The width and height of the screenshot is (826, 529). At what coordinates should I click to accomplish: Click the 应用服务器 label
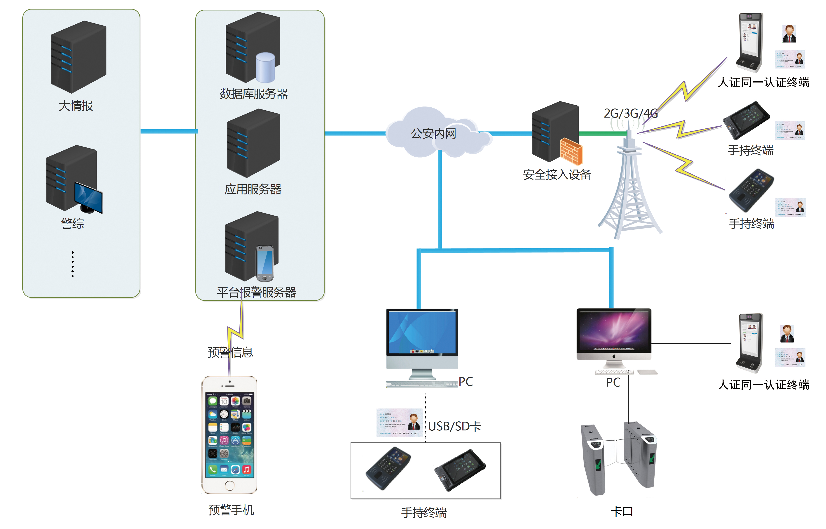[253, 189]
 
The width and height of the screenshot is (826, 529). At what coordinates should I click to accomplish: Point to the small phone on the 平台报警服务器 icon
[264, 263]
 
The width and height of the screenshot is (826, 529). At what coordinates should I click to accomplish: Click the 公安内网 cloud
[433, 134]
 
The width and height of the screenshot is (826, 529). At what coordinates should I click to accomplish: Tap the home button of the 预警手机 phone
[229, 485]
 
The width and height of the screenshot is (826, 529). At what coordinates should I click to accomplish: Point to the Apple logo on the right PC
[614, 356]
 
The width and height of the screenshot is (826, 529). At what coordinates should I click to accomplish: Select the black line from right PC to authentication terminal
[690, 343]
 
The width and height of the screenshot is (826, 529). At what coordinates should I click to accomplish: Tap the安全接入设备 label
[557, 175]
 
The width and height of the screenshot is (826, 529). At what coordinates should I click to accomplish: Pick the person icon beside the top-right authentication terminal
[789, 34]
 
